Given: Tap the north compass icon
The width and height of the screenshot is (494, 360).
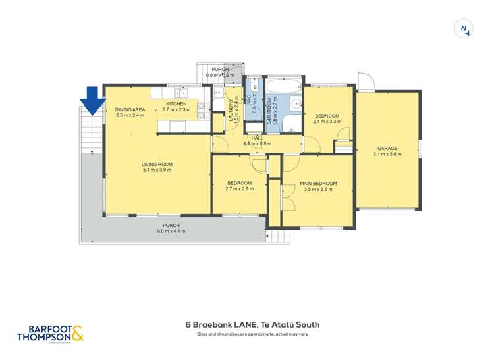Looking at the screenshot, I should pyautogui.click(x=465, y=28).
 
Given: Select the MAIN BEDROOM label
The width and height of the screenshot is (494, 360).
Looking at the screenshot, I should pyautogui.click(x=318, y=183).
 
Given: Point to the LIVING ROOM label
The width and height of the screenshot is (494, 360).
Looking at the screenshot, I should pyautogui.click(x=157, y=164).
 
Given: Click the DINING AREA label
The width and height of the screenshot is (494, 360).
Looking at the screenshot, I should pyautogui.click(x=130, y=109).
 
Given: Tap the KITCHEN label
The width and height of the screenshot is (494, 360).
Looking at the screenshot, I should pyautogui.click(x=177, y=104).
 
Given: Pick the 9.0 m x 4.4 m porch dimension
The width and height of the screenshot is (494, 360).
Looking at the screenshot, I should pyautogui.click(x=171, y=231).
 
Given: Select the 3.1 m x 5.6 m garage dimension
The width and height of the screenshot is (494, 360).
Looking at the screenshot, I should pyautogui.click(x=387, y=154).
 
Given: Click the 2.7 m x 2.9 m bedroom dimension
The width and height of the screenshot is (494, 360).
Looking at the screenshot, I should pyautogui.click(x=240, y=189).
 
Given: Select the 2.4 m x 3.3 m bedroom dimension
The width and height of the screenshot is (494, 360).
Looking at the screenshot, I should pyautogui.click(x=327, y=121).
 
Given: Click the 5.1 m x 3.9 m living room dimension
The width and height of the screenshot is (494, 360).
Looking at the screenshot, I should pyautogui.click(x=157, y=170).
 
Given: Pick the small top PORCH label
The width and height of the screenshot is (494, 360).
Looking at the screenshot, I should pyautogui.click(x=220, y=69).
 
